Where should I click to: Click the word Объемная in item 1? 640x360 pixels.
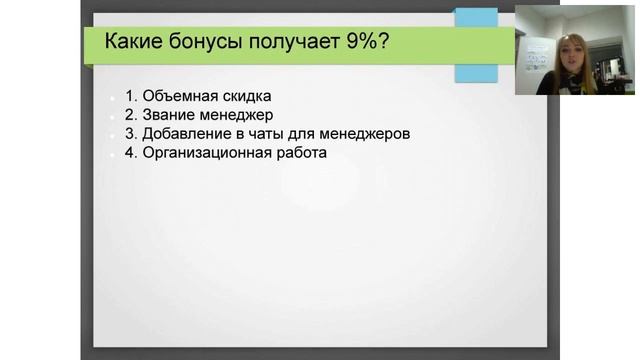click(178, 96)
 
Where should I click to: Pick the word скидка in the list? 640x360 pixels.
click(245, 96)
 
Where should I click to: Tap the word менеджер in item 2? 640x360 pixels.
click(236, 115)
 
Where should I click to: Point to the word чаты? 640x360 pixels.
click(270, 134)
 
